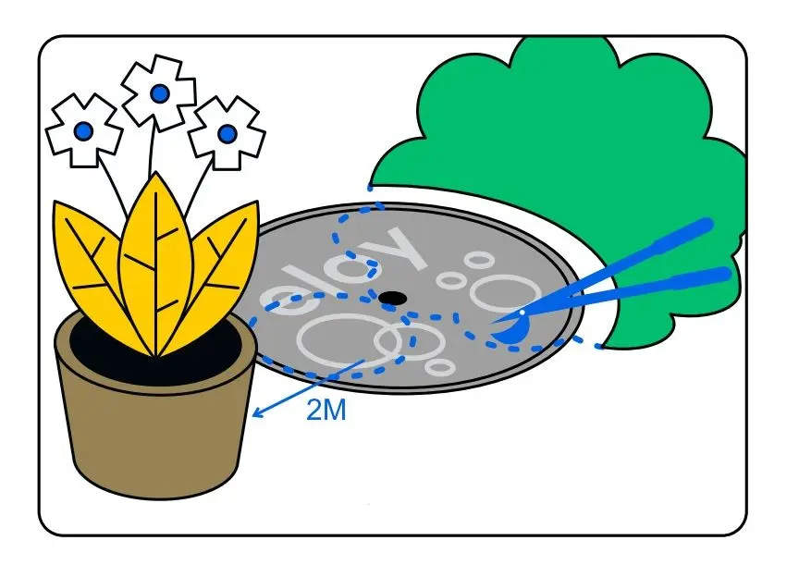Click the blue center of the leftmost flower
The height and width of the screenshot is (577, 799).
pyautogui.click(x=84, y=131)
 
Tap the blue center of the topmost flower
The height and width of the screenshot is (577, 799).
pyautogui.click(x=159, y=92)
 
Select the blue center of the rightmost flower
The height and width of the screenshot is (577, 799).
pyautogui.click(x=227, y=134)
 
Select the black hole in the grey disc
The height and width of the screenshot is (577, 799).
pyautogui.click(x=393, y=298)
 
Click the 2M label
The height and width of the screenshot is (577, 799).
pyautogui.click(x=326, y=411)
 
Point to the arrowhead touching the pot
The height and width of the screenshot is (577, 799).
pyautogui.click(x=257, y=413)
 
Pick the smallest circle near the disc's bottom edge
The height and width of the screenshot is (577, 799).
pyautogui.click(x=442, y=367)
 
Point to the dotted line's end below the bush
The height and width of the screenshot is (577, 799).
pyautogui.click(x=599, y=346)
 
